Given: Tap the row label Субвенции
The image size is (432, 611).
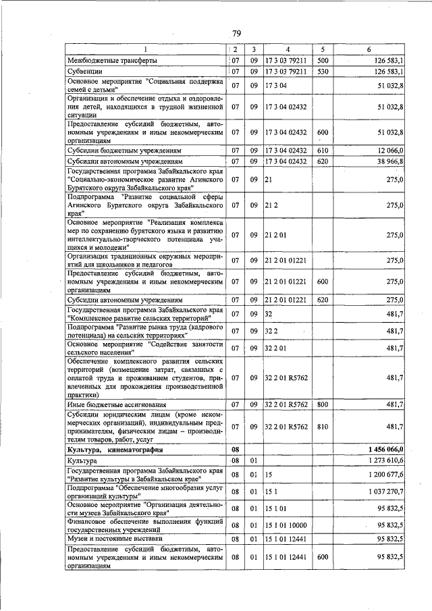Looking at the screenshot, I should coord(84,71).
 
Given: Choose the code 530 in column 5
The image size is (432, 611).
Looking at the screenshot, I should coord(322,71).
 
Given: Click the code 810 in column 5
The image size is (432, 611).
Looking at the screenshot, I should coord(322,427).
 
